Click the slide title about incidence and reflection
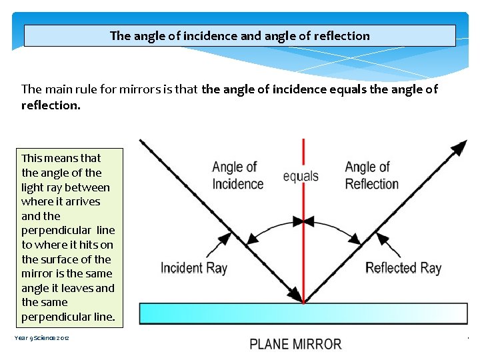pos(239,36)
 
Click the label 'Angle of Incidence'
pos(237,175)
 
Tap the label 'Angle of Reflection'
pos(371,175)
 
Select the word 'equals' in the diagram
pos(301,177)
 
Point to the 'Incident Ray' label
pos(193,268)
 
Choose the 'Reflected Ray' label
pos(403,268)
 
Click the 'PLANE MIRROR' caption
pos(295,345)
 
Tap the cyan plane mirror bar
pos(303,313)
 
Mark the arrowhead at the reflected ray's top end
pos(459,147)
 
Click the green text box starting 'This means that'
pos(68,237)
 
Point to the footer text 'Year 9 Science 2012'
pos(42,338)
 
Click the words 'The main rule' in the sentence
pos(58,89)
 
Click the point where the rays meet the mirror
pos(303,302)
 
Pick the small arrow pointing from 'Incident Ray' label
pos(216,249)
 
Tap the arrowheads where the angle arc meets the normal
pos(303,221)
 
